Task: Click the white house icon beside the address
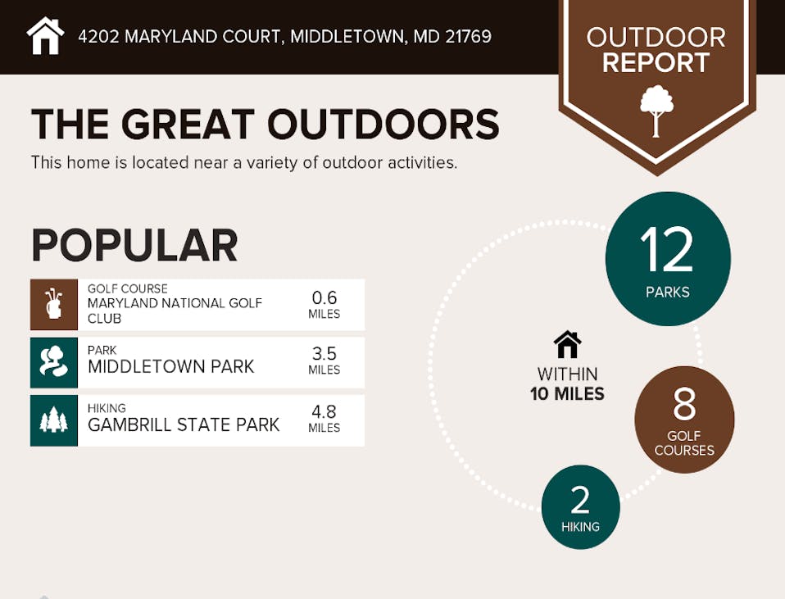coord(46,35)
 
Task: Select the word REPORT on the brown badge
coord(656,62)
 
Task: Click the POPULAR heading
coord(134,245)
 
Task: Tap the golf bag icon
coord(53,304)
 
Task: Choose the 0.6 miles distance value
coord(324,304)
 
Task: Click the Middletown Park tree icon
coord(53,361)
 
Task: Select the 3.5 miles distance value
coord(324,360)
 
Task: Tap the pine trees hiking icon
coord(53,420)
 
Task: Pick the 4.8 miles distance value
coord(324,418)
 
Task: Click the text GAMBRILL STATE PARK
coord(184,424)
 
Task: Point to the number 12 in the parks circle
coord(666,249)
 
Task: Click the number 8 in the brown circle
coord(684,404)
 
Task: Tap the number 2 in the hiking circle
coord(580,500)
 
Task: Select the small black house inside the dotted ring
coord(567,345)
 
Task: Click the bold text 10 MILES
coord(567,393)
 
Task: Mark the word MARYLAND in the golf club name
coord(116,303)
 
